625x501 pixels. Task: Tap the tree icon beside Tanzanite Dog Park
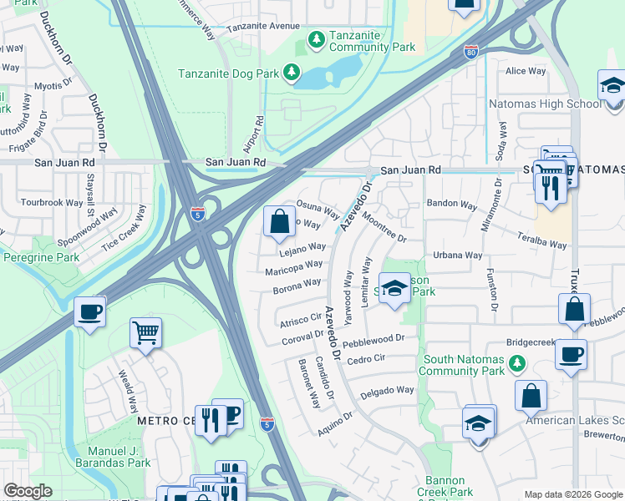click(291, 73)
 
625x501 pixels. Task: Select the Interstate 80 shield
click(472, 52)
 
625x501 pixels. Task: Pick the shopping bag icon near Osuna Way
click(279, 222)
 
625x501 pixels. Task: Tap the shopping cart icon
click(145, 333)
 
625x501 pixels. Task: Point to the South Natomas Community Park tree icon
click(517, 363)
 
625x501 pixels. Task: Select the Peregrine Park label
click(39, 257)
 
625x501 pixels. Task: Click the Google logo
click(28, 491)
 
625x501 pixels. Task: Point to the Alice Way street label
click(526, 71)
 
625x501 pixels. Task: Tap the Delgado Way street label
click(387, 391)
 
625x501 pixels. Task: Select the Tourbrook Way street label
click(52, 202)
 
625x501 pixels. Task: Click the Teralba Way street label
click(543, 241)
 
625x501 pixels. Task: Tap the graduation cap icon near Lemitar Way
click(395, 289)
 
